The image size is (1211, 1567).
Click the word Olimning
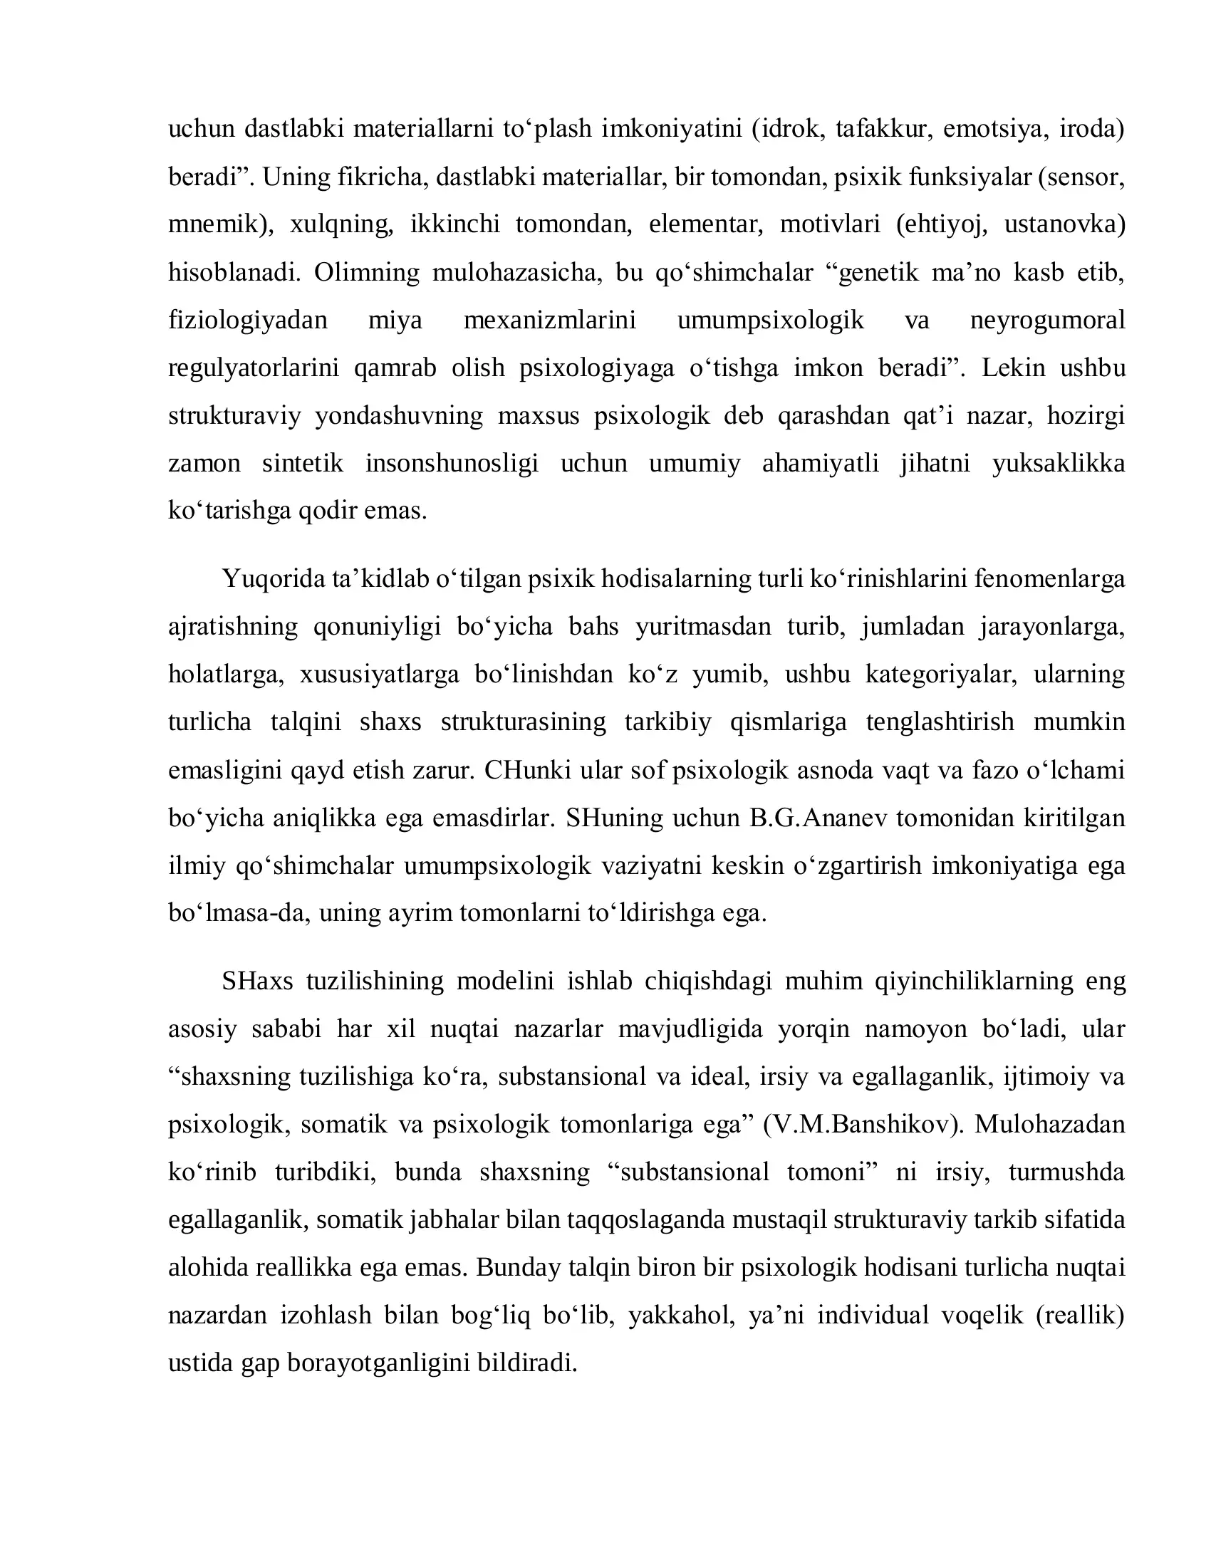click(366, 273)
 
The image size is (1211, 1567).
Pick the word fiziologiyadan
click(247, 320)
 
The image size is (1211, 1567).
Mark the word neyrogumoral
click(1046, 320)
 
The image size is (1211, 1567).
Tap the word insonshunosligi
click(451, 464)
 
